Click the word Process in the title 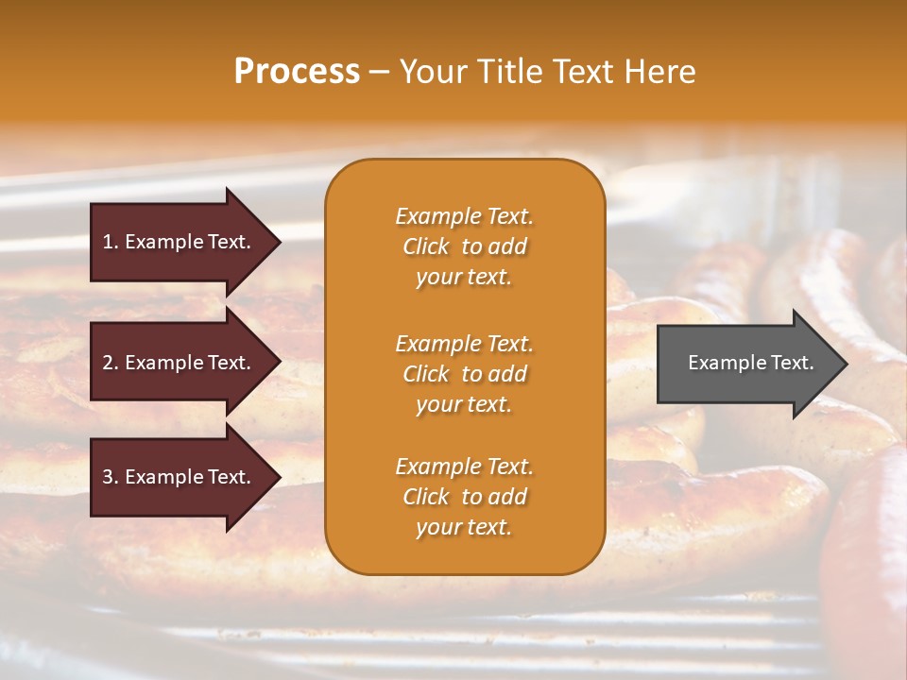point(297,72)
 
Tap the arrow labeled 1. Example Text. point(180,242)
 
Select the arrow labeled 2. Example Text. point(180,363)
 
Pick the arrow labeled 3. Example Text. point(180,477)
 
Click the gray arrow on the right point(746,363)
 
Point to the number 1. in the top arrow point(110,242)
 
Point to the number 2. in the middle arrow point(110,363)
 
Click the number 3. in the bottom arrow point(110,477)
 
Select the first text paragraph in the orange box point(464,246)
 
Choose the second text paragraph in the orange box point(464,374)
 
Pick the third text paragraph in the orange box point(464,497)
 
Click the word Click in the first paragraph point(426,246)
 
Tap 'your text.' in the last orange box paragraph point(464,527)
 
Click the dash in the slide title point(380,72)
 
